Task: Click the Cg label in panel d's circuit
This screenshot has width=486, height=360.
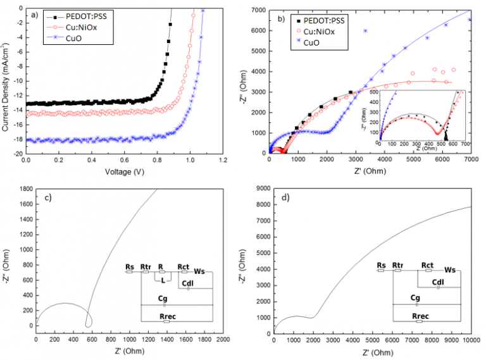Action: [x=415, y=297]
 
